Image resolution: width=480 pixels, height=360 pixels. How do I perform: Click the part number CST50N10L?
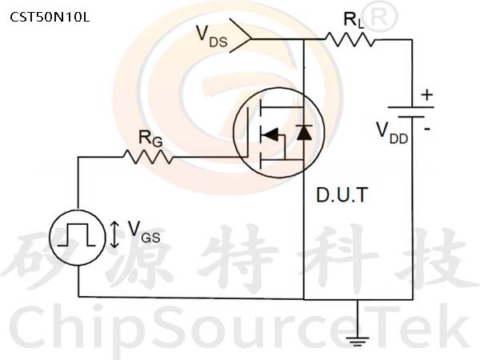[50, 17]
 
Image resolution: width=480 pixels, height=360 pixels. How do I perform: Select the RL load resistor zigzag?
[350, 39]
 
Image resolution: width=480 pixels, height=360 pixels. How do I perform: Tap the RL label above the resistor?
[354, 21]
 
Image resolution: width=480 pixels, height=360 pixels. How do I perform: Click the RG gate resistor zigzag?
[148, 157]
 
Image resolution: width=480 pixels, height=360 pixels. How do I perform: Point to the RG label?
[150, 138]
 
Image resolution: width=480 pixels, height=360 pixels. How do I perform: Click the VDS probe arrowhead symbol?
[240, 35]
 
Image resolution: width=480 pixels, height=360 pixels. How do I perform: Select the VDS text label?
[212, 37]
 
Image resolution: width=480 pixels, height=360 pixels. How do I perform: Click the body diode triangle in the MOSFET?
[304, 133]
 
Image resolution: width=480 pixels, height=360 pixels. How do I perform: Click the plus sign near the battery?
[427, 95]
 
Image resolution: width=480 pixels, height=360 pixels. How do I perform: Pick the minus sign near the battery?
[427, 129]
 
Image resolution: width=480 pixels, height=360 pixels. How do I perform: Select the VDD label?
[392, 133]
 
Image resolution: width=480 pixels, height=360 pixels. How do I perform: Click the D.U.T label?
[342, 194]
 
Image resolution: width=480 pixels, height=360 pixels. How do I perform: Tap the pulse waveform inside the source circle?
[76, 234]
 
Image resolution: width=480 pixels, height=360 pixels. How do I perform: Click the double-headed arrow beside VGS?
[114, 234]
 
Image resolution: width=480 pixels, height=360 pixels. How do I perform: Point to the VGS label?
[144, 232]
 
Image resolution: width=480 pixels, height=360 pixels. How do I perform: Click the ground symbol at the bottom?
[357, 341]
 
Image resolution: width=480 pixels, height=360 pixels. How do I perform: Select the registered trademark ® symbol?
[382, 17]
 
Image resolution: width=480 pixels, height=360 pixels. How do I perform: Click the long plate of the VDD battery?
[411, 107]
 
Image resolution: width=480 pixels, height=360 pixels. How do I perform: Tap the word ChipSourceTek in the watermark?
[238, 327]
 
